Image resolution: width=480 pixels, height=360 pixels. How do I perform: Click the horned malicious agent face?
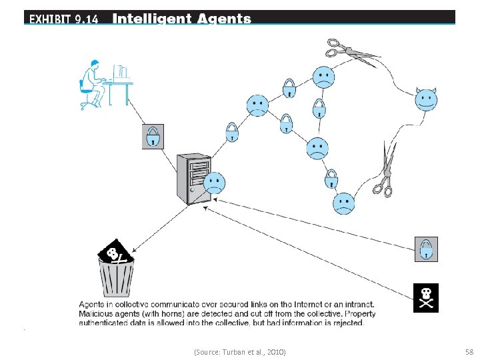coord(426,100)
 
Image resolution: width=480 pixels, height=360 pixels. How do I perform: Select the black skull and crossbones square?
coord(426,298)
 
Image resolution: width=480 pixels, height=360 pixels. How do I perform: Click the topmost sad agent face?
coord(323,77)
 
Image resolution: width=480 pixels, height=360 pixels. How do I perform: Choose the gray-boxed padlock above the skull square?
coord(425,249)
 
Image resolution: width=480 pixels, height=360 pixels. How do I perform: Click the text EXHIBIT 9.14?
coord(63,19)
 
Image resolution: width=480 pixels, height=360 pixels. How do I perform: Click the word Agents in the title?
coord(224,19)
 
